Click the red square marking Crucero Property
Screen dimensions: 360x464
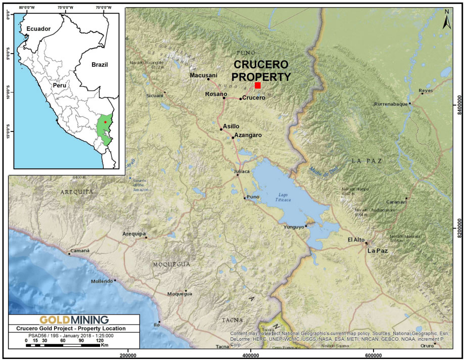point(258,85)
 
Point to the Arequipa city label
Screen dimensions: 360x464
point(134,234)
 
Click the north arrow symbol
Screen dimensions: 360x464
point(446,20)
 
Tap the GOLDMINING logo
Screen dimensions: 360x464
point(74,320)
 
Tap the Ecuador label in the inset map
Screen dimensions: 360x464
point(39,29)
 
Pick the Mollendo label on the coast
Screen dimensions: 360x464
point(100,281)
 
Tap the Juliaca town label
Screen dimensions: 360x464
point(243,172)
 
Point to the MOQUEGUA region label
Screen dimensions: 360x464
point(171,264)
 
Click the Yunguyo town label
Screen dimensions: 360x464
point(293,227)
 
